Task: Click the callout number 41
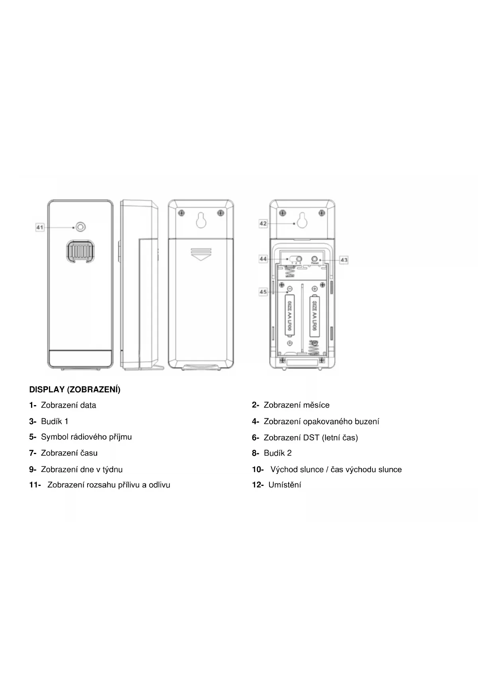(40, 228)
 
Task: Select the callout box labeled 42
(263, 224)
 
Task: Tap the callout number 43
(344, 260)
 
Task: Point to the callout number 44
(263, 259)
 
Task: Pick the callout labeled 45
(263, 292)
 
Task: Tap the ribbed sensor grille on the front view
(80, 251)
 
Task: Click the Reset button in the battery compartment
(315, 258)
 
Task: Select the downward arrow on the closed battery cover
(201, 254)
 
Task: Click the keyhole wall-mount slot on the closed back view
(201, 220)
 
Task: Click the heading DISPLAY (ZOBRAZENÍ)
(75, 390)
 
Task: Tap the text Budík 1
(55, 421)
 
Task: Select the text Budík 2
(277, 453)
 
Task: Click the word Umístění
(285, 485)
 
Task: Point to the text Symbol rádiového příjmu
(86, 437)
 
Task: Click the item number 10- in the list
(258, 470)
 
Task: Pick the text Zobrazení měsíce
(296, 405)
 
